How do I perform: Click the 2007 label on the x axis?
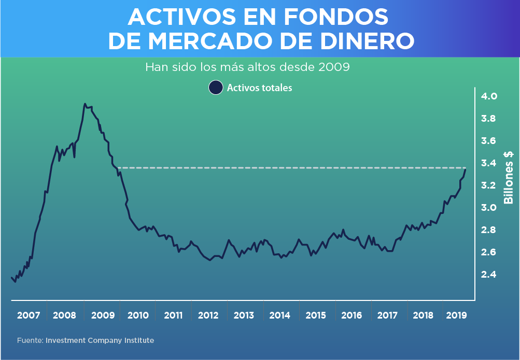pyautogui.click(x=29, y=315)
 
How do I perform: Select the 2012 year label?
pyautogui.click(x=208, y=315)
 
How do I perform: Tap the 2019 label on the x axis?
pyautogui.click(x=456, y=315)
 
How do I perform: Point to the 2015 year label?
pyautogui.click(x=316, y=315)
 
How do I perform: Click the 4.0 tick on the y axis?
pyautogui.click(x=489, y=96)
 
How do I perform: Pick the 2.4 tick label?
pyautogui.click(x=489, y=275)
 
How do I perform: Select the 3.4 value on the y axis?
pyautogui.click(x=489, y=163)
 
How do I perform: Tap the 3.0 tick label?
pyautogui.click(x=489, y=208)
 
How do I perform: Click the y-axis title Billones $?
pyautogui.click(x=509, y=178)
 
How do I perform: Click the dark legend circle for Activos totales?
pyautogui.click(x=215, y=88)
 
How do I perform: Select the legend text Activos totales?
pyautogui.click(x=259, y=88)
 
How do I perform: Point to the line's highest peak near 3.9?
pyautogui.click(x=85, y=104)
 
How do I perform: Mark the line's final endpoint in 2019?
pyautogui.click(x=466, y=169)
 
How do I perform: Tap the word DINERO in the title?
pyautogui.click(x=362, y=41)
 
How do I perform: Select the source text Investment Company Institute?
pyautogui.click(x=100, y=340)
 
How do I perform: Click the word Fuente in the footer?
pyautogui.click(x=30, y=340)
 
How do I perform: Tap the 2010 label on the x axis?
pyautogui.click(x=138, y=315)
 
